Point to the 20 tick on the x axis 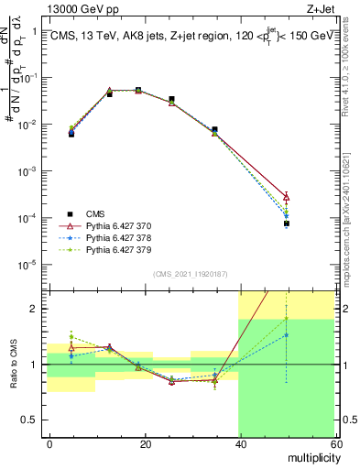pyautogui.click(x=146, y=443)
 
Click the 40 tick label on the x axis pyautogui.click(x=240, y=443)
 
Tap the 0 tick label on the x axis pyautogui.click(x=50, y=443)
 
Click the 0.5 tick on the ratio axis pyautogui.click(x=31, y=420)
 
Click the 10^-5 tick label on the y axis pyautogui.click(x=29, y=266)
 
